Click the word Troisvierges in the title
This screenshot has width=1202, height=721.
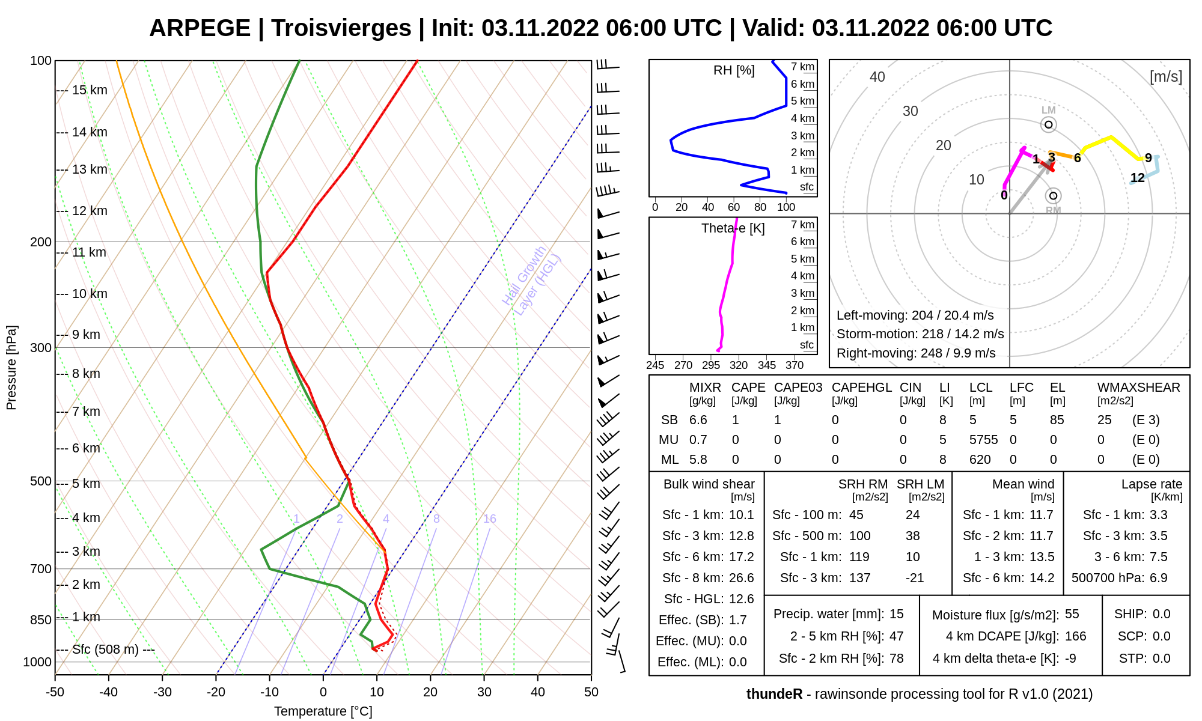coord(341,28)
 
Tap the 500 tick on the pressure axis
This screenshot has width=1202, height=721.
coord(41,481)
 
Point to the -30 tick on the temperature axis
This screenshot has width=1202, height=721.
coord(162,692)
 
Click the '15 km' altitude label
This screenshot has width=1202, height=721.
coord(90,90)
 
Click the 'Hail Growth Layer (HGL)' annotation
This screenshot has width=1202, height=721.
coord(531,281)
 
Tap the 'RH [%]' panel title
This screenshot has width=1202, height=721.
coord(734,70)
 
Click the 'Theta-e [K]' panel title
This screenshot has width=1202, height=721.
coord(733,228)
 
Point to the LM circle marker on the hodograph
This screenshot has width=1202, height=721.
coord(1049,124)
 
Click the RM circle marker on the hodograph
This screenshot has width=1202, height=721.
coord(1053,196)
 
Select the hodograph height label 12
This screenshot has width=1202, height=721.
coord(1137,178)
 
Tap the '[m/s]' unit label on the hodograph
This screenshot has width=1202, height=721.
coord(1165,76)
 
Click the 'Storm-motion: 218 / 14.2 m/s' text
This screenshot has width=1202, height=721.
coord(920,334)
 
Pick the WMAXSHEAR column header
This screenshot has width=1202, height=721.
coord(1138,388)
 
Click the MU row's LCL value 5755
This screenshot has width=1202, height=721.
coord(983,440)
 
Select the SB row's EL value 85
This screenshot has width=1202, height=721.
coord(1057,420)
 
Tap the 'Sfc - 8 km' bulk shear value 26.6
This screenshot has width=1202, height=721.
coord(741,578)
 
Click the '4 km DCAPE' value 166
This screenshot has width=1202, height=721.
coord(1075,636)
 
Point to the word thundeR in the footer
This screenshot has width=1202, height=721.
coord(774,694)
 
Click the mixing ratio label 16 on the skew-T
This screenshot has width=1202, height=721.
coord(490,519)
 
